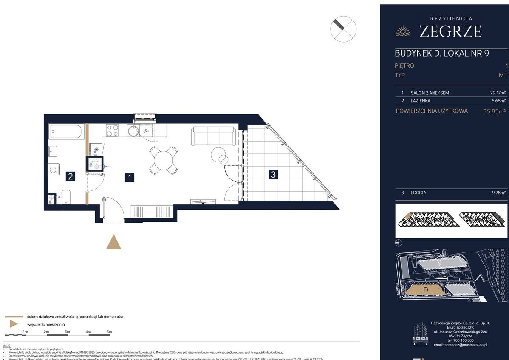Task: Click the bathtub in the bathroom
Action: (x=66, y=131)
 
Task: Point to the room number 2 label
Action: (x=71, y=177)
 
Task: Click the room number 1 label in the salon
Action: (x=129, y=177)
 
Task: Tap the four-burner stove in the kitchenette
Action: (x=113, y=130)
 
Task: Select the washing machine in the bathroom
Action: (x=54, y=170)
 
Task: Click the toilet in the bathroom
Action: (x=65, y=197)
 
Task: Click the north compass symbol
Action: (x=343, y=29)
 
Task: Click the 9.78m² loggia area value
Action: (x=497, y=193)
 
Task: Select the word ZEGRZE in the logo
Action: (x=450, y=31)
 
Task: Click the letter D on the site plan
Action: (x=425, y=290)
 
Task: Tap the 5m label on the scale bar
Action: (x=109, y=332)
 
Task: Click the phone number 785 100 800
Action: (x=458, y=340)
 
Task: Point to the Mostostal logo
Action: (x=421, y=334)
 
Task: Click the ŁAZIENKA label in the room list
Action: (x=420, y=101)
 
